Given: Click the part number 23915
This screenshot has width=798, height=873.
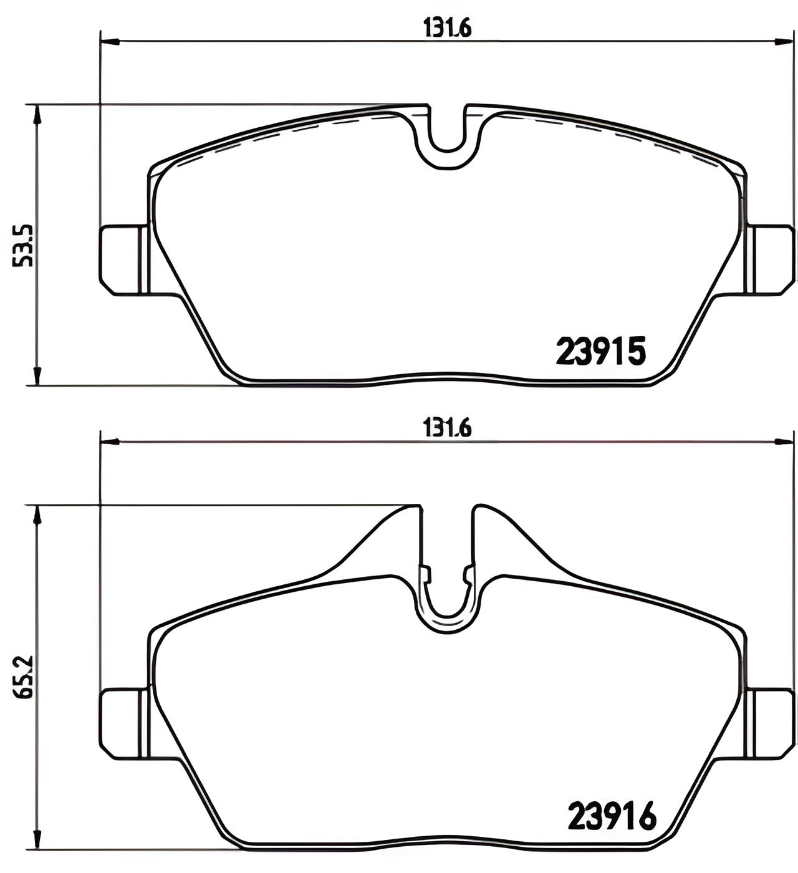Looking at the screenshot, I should (600, 352).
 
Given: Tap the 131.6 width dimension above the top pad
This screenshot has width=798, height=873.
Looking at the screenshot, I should (447, 28).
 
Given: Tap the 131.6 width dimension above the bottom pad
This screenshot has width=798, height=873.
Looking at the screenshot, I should (447, 428).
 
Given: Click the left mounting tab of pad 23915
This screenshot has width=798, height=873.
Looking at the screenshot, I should (122, 259).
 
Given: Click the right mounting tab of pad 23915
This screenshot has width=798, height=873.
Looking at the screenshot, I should (771, 259).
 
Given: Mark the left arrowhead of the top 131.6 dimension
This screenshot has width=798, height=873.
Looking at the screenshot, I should (110, 42).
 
